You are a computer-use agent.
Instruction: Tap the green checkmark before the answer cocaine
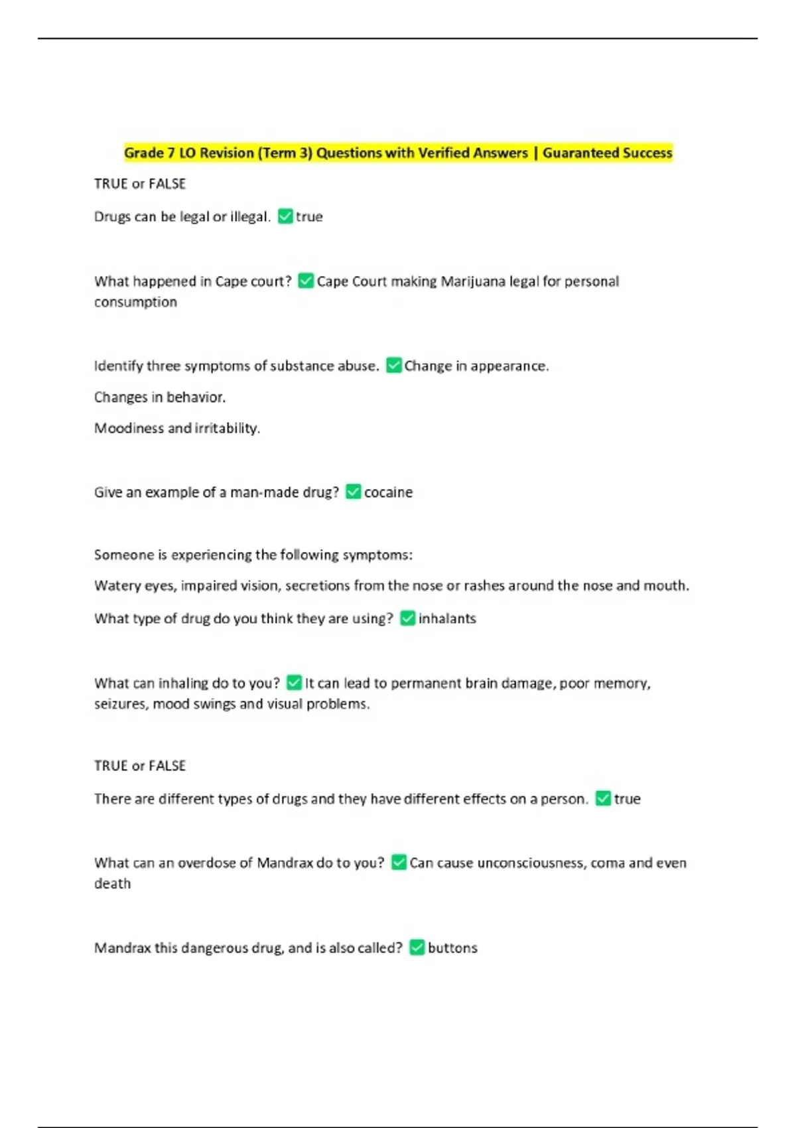[x=354, y=492]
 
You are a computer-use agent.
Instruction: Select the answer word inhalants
[x=447, y=618]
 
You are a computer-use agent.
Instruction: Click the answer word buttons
[x=452, y=948]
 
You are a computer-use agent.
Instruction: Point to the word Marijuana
[x=473, y=281]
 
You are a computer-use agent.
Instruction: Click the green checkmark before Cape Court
[x=306, y=281]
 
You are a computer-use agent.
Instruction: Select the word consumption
[x=135, y=302]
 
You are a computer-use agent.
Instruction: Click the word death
[x=112, y=884]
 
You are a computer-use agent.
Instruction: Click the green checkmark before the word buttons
[x=417, y=948]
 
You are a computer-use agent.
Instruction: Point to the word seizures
[x=121, y=704]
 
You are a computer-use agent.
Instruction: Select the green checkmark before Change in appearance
[x=394, y=366]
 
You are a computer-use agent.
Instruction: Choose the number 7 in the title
[x=171, y=153]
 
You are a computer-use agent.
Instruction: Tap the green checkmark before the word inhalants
[x=408, y=618]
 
